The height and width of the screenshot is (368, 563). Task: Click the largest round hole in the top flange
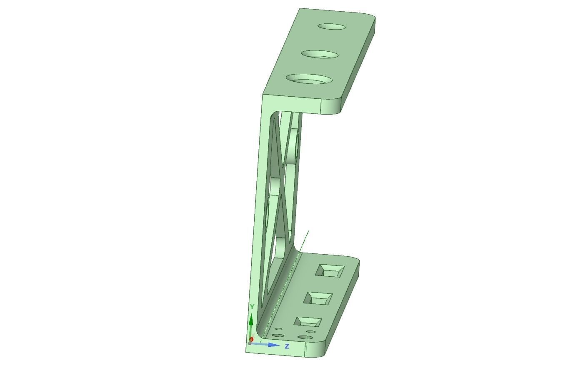pyautogui.click(x=309, y=79)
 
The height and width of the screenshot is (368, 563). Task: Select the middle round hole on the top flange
pyautogui.click(x=320, y=55)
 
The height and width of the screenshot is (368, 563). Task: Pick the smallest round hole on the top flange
pyautogui.click(x=332, y=27)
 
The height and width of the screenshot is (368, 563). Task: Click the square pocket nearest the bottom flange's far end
pyautogui.click(x=330, y=270)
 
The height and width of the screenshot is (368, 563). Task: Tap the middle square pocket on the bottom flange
pyautogui.click(x=319, y=298)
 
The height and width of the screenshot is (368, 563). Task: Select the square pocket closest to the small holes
pyautogui.click(x=308, y=322)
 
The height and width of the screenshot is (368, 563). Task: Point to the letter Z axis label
pyautogui.click(x=287, y=346)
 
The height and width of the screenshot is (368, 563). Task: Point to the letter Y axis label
pyautogui.click(x=252, y=307)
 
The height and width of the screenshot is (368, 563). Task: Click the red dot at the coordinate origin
pyautogui.click(x=251, y=340)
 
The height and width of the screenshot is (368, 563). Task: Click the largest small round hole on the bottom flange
pyautogui.click(x=305, y=337)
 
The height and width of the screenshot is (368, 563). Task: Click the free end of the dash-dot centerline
pyautogui.click(x=308, y=231)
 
